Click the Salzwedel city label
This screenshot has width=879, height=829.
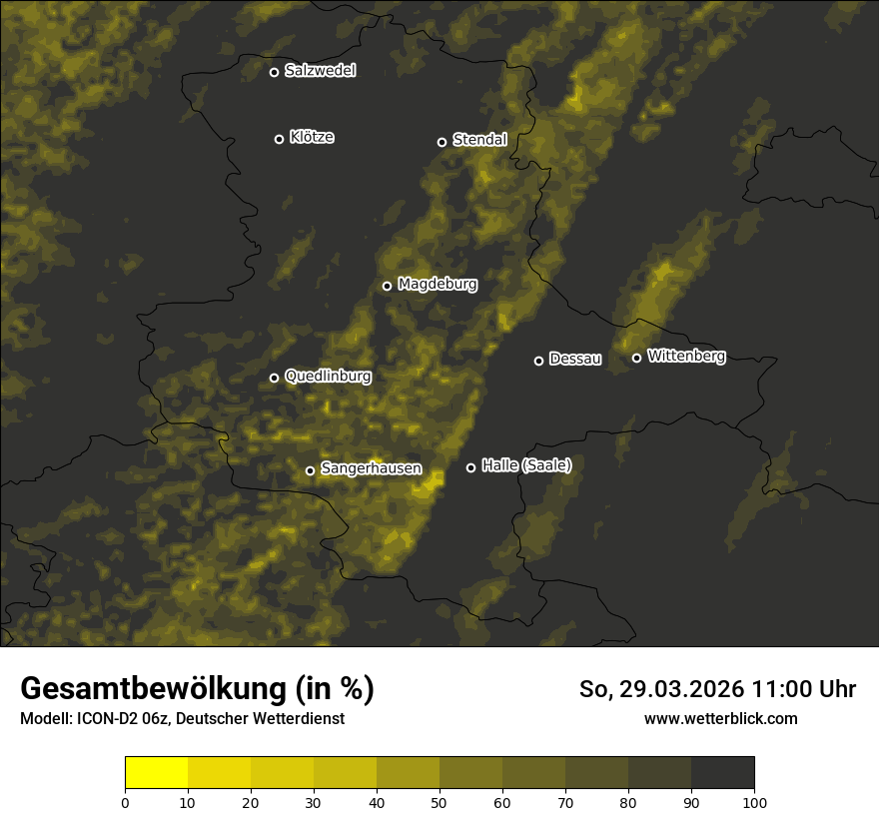pos(320,71)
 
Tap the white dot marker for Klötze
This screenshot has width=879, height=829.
pos(279,139)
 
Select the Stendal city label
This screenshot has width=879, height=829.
pos(479,140)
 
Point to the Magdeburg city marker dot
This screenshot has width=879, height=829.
pos(387,286)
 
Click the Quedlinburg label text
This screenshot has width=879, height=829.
pos(328,377)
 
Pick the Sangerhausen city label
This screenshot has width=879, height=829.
pos(371,468)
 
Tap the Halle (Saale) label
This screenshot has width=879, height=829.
pos(526,465)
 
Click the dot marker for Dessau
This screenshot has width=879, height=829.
pos(538,361)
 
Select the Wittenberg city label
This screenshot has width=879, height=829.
pos(686,356)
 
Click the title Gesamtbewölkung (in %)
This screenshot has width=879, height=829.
pos(197,689)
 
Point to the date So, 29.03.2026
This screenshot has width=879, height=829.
pos(660,689)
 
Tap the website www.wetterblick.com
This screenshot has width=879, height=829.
pos(720,719)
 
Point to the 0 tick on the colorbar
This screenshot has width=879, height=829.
pos(125,802)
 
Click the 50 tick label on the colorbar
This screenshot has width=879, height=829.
pos(439,802)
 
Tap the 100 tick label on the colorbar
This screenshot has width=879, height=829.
pos(754,802)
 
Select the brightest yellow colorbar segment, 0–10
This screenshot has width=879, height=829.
pos(157,773)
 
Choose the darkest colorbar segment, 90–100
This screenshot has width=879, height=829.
pos(722,773)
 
